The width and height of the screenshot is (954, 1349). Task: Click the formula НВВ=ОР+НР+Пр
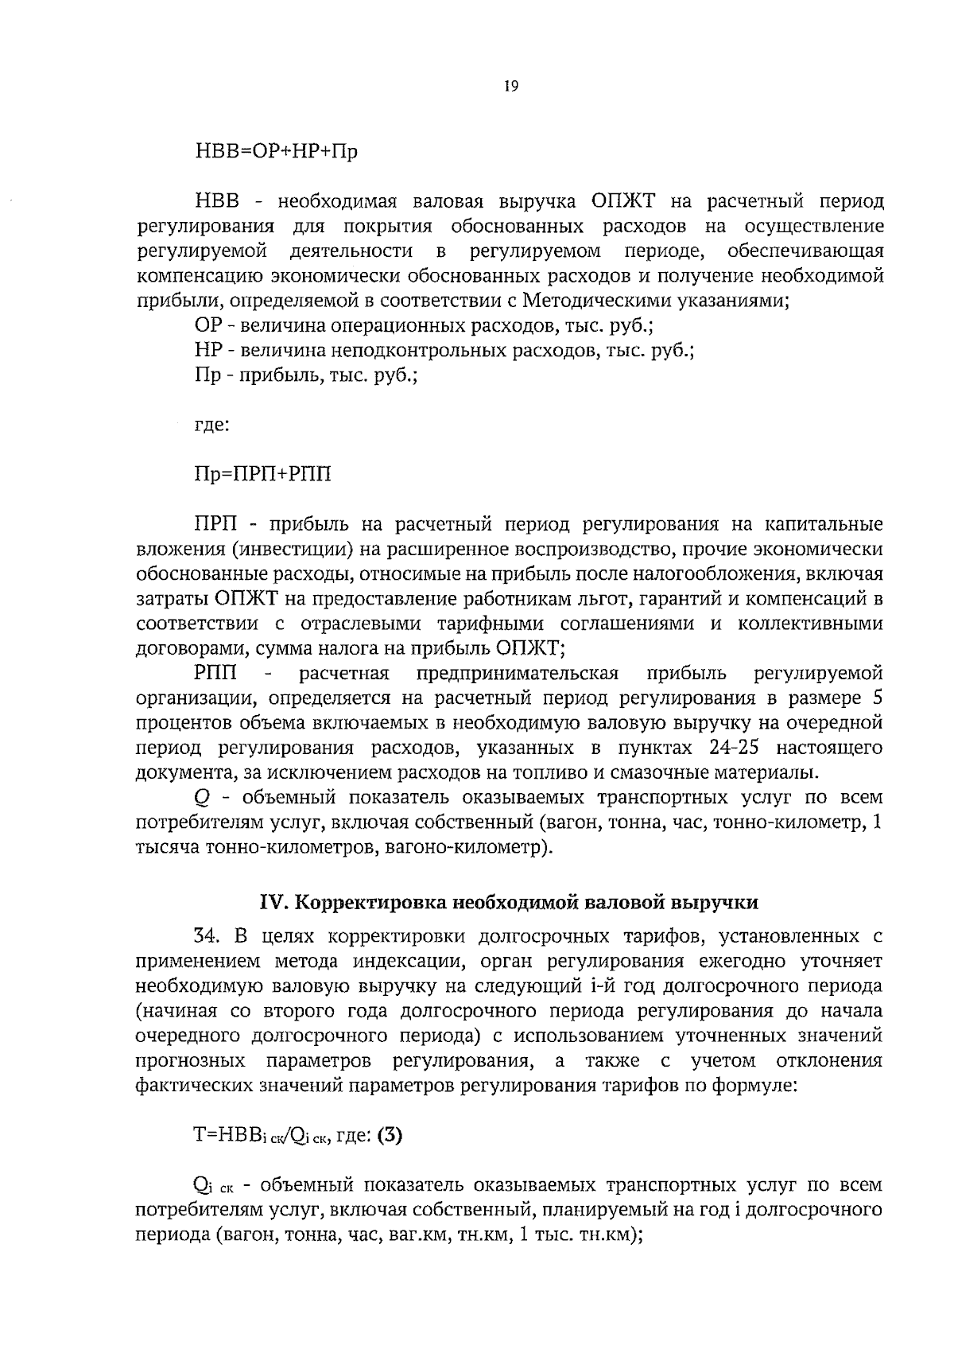[276, 151]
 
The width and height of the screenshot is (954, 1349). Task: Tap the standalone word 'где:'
[212, 425]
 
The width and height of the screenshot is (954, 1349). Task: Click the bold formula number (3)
[390, 1135]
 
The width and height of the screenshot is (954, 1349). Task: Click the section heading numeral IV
[273, 902]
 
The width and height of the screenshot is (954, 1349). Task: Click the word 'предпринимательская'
[518, 674]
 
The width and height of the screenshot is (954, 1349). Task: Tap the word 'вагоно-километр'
[463, 847]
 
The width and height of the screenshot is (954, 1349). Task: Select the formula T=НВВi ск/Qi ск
[262, 1137]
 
